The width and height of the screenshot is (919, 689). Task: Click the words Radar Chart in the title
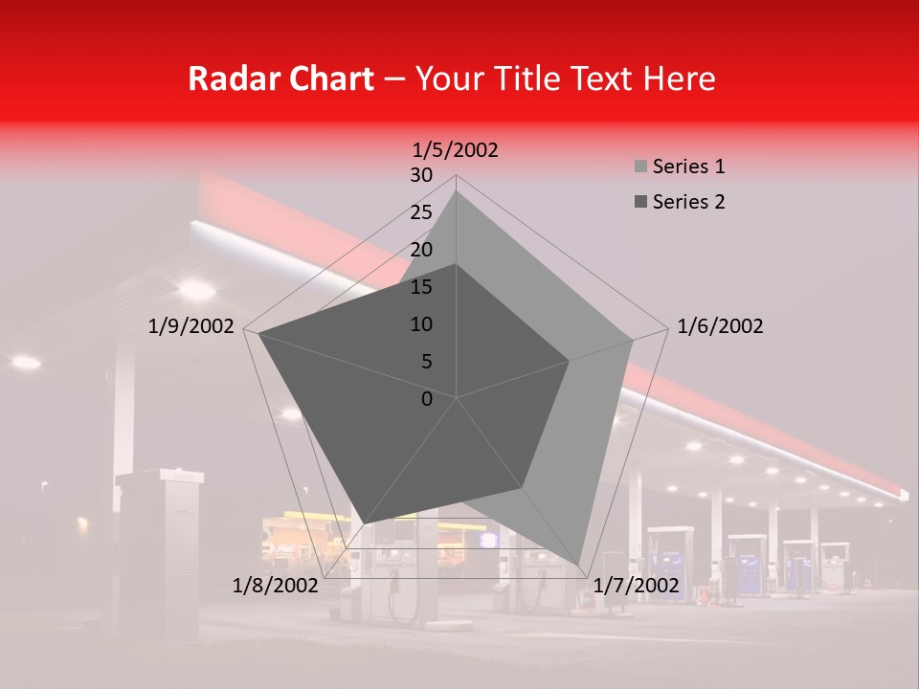280,78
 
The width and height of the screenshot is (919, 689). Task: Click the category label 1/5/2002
456,149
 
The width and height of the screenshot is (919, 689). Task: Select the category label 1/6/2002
720,326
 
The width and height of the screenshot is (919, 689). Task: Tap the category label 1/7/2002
636,586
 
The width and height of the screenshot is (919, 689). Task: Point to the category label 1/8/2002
275,586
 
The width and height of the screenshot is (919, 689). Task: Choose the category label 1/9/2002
191,326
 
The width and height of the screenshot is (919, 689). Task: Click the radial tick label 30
421,175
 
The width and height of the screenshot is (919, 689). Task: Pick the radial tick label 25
421,212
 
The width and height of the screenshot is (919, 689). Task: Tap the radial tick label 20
421,250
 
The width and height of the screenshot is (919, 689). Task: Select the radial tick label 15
421,287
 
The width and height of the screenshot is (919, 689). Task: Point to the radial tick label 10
421,324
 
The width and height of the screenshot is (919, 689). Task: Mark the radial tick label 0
427,399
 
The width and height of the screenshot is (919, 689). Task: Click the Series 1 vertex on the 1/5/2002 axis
456,191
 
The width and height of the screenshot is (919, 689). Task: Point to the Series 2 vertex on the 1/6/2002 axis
569,361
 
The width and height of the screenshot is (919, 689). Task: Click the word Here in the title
680,78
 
